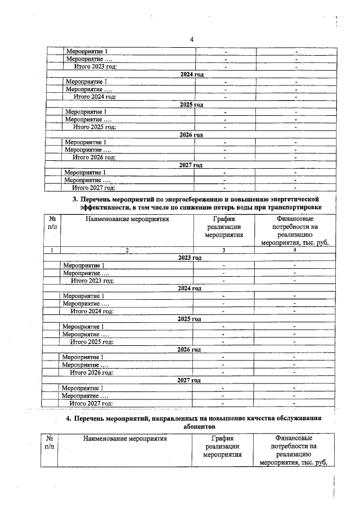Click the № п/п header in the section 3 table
51,223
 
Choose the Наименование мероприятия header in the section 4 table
126,439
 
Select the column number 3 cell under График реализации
224,250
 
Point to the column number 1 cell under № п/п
52,250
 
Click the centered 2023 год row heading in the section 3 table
190,258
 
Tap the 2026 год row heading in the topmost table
191,135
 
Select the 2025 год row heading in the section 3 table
189,319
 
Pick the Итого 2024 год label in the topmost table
94,97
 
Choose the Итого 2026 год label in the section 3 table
91,372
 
